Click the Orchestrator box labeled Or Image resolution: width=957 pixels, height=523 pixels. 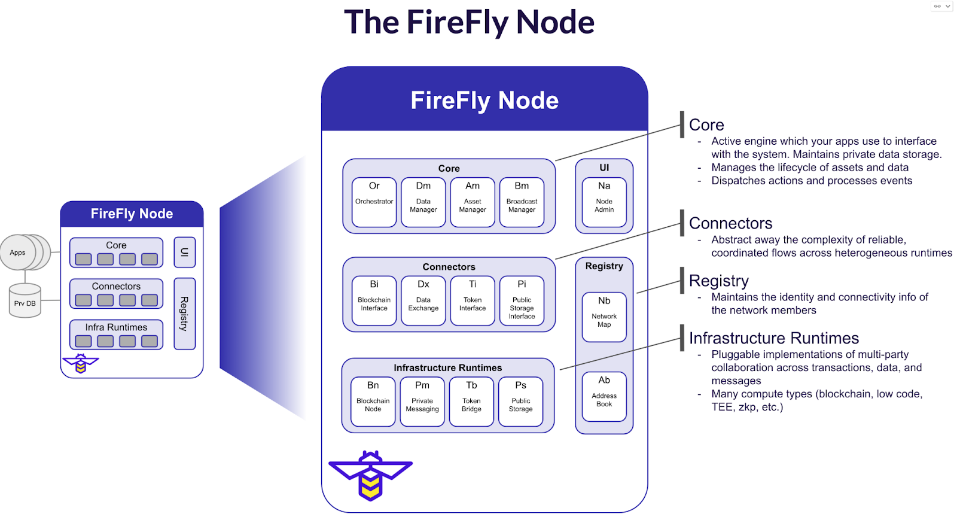tap(374, 202)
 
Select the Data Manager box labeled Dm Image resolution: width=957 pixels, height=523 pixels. tap(423, 202)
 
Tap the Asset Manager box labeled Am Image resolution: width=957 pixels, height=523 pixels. tap(473, 202)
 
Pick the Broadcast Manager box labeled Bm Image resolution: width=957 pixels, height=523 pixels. tap(522, 202)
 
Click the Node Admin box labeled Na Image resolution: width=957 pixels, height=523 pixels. tap(604, 202)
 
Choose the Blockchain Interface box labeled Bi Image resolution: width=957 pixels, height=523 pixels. tap(374, 300)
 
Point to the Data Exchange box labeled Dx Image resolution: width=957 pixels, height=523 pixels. tap(423, 300)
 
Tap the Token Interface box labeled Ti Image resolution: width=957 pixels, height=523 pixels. tap(473, 300)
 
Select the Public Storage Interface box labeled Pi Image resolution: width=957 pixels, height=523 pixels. tap(522, 300)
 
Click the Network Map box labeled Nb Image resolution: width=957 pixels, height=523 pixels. tap(604, 317)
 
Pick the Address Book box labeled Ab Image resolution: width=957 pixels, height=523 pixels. tap(604, 396)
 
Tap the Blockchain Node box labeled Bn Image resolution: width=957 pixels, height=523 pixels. tap(373, 401)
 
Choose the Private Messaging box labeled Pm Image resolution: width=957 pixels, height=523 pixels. tap(422, 401)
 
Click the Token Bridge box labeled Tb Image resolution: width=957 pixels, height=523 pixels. tap(471, 401)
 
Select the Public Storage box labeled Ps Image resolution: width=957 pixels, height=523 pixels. tap(520, 401)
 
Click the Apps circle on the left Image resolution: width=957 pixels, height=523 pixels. tap(18, 253)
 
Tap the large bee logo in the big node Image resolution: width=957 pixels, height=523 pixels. tap(370, 475)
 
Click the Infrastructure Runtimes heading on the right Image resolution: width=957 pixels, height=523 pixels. tap(773, 338)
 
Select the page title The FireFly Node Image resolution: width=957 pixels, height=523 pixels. tap(469, 23)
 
